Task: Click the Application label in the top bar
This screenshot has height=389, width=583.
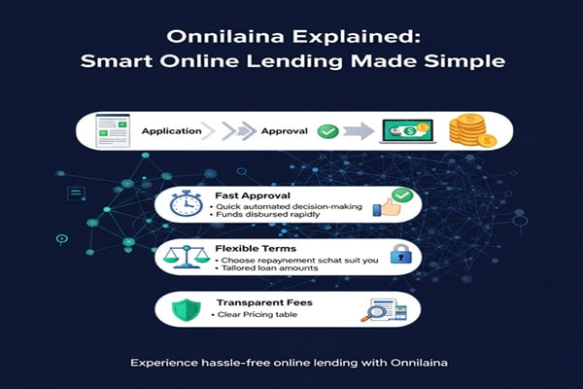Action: point(171,129)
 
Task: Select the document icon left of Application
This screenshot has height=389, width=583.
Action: point(114,130)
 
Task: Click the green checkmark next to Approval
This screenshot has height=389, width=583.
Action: point(327,129)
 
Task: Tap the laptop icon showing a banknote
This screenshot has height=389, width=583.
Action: point(407,130)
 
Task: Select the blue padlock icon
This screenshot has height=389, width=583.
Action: point(397,256)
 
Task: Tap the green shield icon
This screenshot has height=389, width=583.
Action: point(183,309)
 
